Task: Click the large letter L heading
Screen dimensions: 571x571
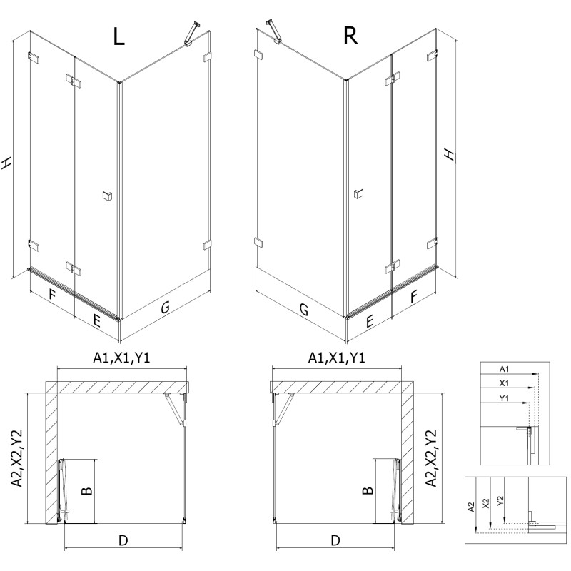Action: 119,37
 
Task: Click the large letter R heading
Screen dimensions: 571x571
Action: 350,36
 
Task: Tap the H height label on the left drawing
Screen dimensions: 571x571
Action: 8,163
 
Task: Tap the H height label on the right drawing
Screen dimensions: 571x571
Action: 448,155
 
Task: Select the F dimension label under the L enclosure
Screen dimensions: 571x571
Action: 52,294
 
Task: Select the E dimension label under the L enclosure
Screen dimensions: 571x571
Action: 96,320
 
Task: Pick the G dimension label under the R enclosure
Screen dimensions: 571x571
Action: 304,310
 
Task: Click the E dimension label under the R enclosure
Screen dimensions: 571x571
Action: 370,322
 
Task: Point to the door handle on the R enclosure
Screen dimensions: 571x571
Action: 358,193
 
